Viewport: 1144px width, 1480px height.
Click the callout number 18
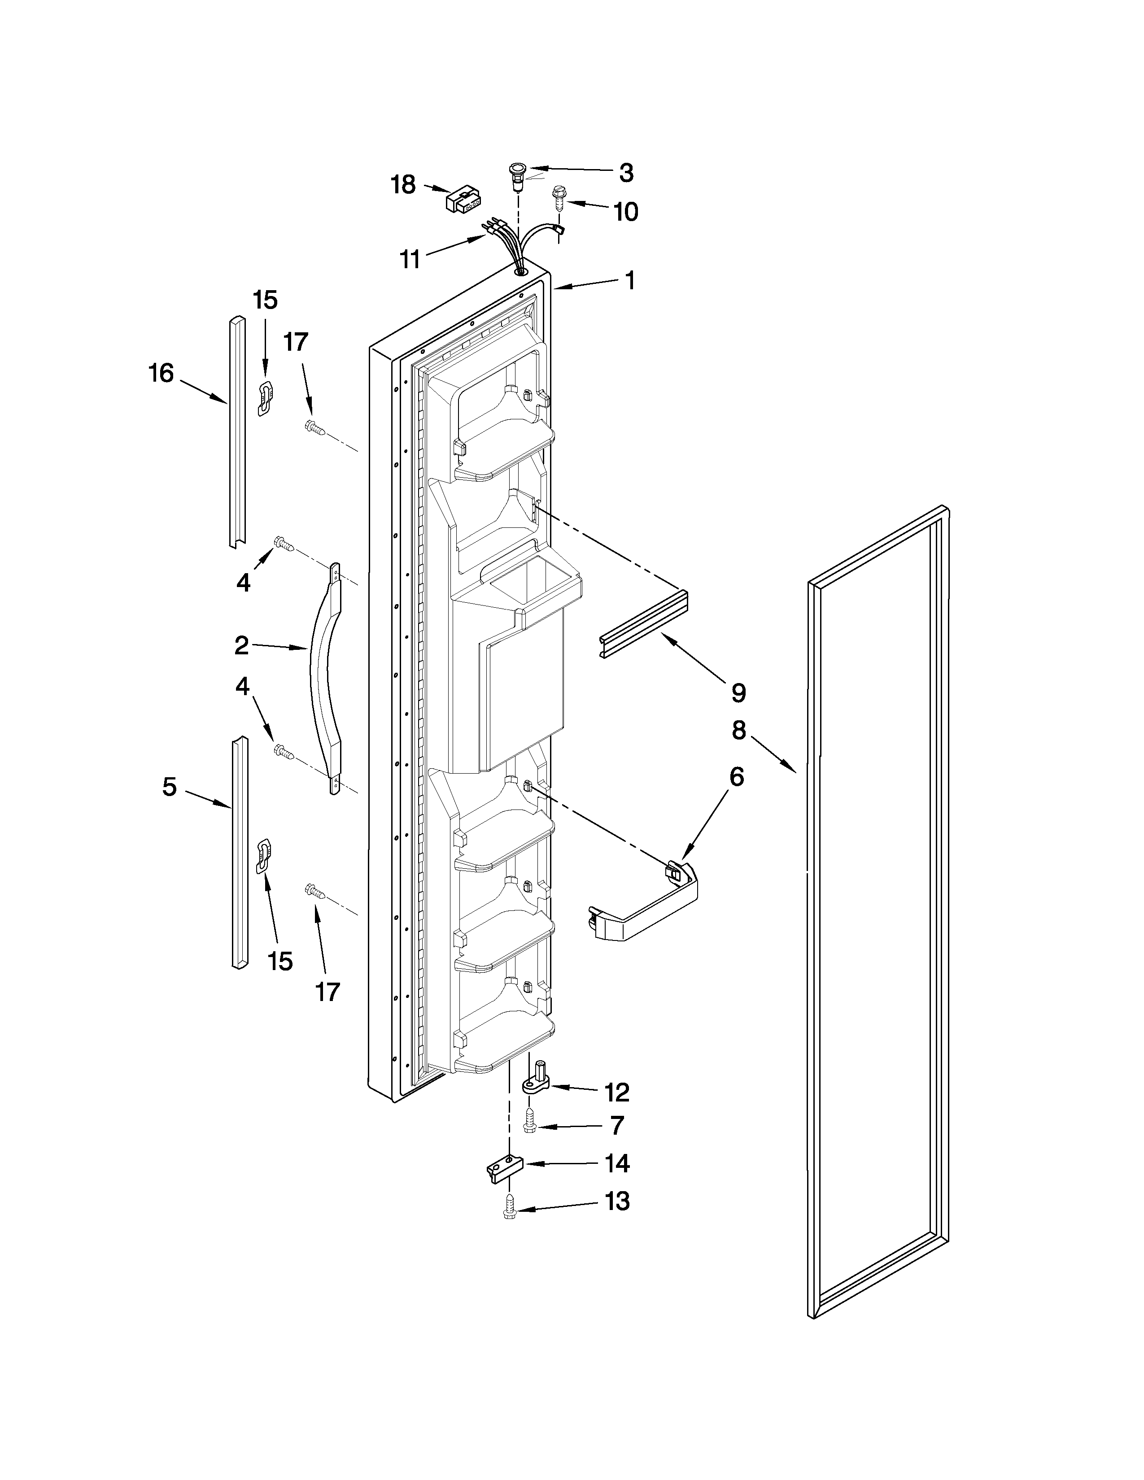tap(403, 184)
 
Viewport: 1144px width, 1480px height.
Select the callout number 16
tap(162, 374)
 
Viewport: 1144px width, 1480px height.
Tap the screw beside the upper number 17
tap(314, 427)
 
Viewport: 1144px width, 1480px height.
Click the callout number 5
tap(170, 787)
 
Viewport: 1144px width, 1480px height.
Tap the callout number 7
tap(616, 1126)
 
